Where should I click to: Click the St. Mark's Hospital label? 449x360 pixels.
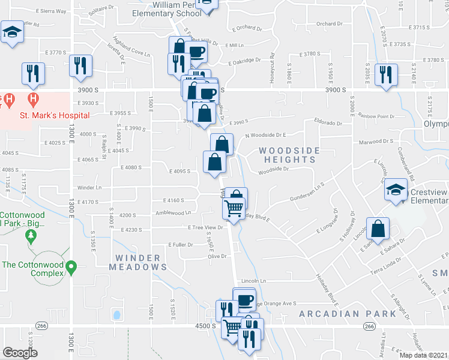[x=54, y=115]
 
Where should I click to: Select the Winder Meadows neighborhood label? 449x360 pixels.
[x=138, y=262]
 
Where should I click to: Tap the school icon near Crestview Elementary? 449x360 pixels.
[x=396, y=191]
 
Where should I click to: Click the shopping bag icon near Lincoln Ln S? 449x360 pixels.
[x=378, y=229]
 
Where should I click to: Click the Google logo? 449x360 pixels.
[x=20, y=352]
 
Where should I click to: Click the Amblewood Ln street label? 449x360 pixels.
[x=172, y=212]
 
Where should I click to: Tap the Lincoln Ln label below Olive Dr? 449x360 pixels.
[x=253, y=281]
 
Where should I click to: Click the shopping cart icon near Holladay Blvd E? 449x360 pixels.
[x=233, y=208]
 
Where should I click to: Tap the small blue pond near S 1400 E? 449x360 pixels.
[x=116, y=313]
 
